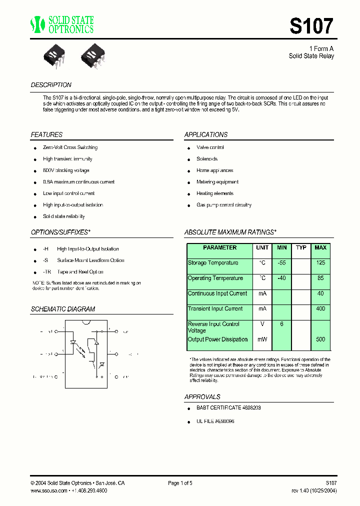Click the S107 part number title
coord(311,26)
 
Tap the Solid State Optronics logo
coord(61,24)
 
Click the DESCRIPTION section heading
coord(51,85)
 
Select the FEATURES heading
coord(46,135)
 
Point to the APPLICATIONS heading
coord(205,135)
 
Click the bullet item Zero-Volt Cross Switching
coord(70,147)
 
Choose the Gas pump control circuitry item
coord(223,205)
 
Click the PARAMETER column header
coord(220,248)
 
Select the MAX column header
coord(320,248)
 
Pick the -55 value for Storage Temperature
coord(281,263)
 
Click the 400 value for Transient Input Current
coord(320,309)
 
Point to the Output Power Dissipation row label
coord(217,339)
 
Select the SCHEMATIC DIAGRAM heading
coord(63,309)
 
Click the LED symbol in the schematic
coord(73,343)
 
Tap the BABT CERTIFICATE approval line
coord(228,408)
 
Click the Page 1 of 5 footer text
coord(180,483)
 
